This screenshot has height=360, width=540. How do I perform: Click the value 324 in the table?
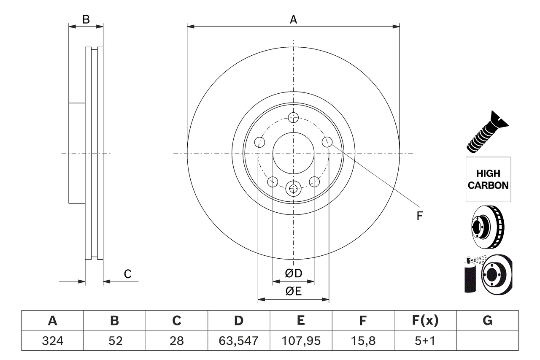click(x=52, y=340)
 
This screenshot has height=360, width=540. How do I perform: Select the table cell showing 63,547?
click(x=239, y=340)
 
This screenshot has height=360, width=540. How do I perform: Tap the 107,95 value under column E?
click(x=301, y=340)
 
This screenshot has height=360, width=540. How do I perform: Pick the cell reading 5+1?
click(x=425, y=340)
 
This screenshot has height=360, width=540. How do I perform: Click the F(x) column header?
click(x=425, y=321)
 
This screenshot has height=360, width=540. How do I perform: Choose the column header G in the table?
click(x=487, y=321)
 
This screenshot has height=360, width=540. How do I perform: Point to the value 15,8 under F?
click(x=363, y=340)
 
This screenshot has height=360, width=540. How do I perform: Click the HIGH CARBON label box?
click(x=488, y=179)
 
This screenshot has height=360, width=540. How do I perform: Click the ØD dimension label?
click(x=294, y=273)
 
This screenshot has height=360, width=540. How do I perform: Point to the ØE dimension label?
click(x=294, y=291)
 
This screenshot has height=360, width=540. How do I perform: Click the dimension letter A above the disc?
click(x=293, y=19)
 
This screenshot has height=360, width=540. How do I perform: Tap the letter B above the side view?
click(x=86, y=19)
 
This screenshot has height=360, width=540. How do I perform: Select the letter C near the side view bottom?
click(x=127, y=274)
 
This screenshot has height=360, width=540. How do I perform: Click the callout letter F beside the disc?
click(x=419, y=216)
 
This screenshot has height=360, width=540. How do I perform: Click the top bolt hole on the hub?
click(x=293, y=117)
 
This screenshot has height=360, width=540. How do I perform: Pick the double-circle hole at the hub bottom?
click(x=293, y=188)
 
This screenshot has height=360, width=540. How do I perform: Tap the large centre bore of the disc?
click(x=293, y=153)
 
